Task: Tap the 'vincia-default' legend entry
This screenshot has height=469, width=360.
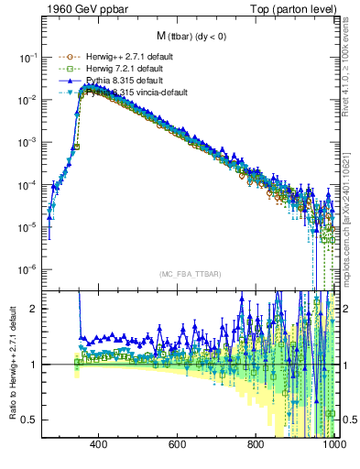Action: pos(128,93)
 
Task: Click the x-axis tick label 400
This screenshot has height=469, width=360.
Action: pos(99,444)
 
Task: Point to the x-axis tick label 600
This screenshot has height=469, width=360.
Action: pos(178,444)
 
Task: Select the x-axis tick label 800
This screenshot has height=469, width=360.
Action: pos(256,444)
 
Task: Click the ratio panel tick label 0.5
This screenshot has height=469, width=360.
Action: pos(29,420)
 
